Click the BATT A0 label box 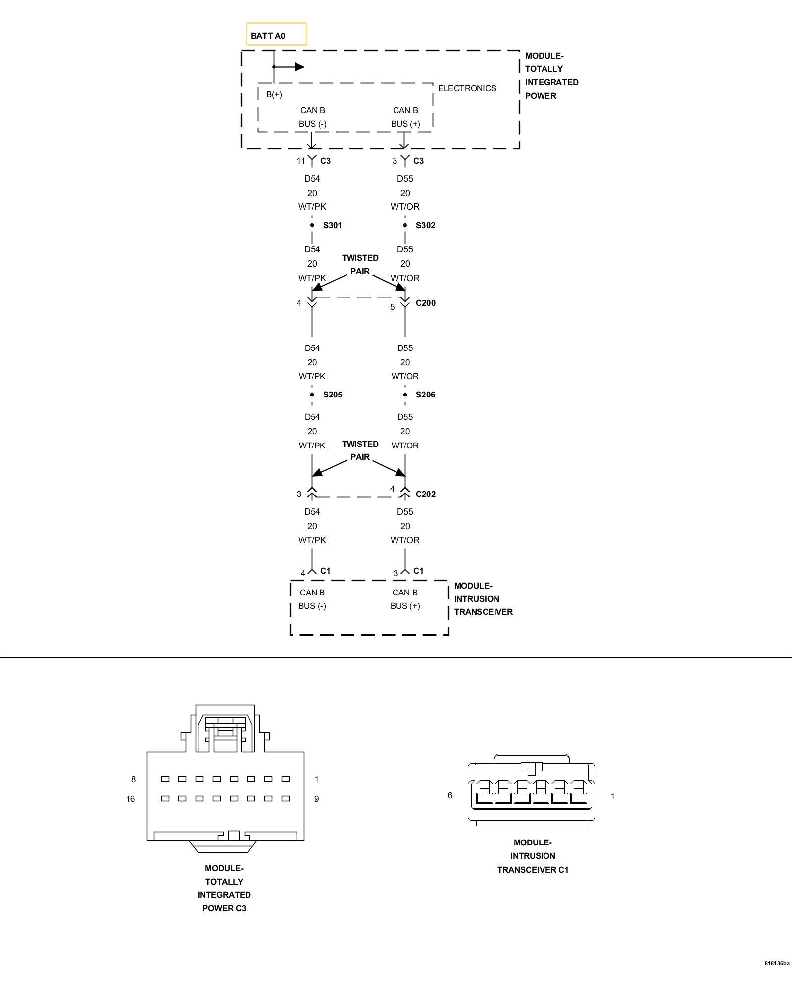[x=276, y=35]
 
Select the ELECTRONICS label [x=467, y=88]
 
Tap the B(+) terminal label [x=274, y=94]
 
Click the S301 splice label [x=332, y=225]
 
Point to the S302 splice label [x=425, y=225]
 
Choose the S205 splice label [x=332, y=395]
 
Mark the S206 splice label [x=425, y=395]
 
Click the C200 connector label [x=425, y=303]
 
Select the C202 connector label [x=425, y=494]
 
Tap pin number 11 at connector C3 [x=301, y=161]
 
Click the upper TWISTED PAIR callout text [x=360, y=264]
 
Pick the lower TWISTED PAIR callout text [x=360, y=450]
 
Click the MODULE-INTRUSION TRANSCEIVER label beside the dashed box [x=483, y=598]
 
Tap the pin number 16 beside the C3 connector [x=130, y=799]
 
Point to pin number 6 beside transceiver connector [x=450, y=795]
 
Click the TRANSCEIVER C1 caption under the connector [x=533, y=870]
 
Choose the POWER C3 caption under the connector [x=224, y=908]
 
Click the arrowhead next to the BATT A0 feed [x=299, y=67]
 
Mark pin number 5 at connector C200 [x=392, y=307]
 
